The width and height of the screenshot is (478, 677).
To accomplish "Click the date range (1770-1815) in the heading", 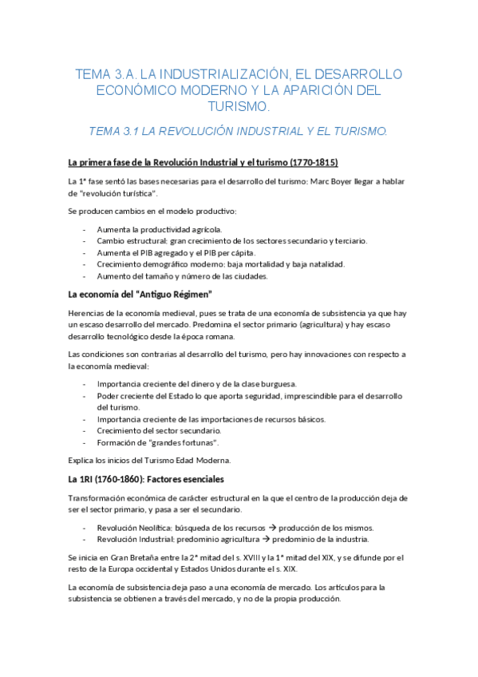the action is click(309, 162).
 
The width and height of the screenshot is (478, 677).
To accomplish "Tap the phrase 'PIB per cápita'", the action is click(219, 252).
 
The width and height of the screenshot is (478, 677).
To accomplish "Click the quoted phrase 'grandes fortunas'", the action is click(180, 442).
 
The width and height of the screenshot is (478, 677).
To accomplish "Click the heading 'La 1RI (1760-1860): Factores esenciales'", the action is click(147, 479).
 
